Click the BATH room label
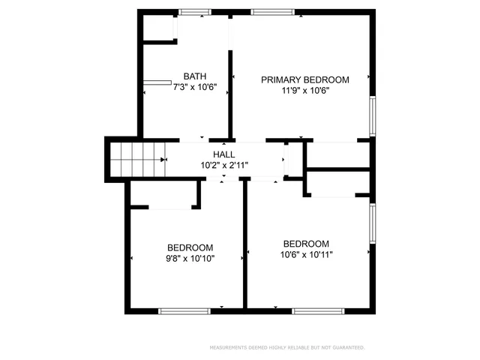tap(195, 76)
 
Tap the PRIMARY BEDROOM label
tap(304, 79)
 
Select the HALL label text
tap(224, 154)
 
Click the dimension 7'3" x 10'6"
tap(195, 87)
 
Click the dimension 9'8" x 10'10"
tap(190, 258)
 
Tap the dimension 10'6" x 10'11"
tap(306, 254)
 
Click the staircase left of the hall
tap(135, 160)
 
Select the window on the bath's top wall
tap(195, 11)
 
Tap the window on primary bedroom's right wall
tap(373, 115)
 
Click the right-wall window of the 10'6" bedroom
tap(373, 223)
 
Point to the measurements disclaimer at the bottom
tap(286, 347)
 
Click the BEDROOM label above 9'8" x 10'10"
tap(190, 247)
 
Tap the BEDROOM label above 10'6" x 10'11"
tap(306, 244)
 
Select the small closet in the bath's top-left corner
tap(158, 28)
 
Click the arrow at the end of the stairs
tap(163, 160)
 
